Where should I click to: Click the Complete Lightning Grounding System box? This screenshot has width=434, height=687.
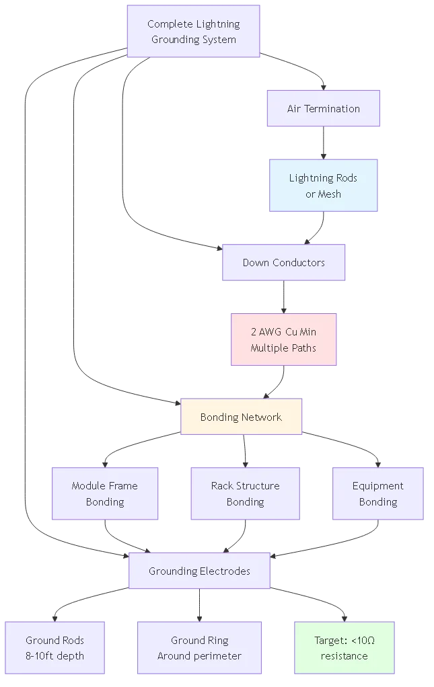(193, 32)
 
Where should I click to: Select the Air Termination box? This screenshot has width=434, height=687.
(323, 108)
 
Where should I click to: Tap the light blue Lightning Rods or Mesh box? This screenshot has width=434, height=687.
(324, 186)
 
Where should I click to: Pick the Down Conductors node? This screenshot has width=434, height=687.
(283, 262)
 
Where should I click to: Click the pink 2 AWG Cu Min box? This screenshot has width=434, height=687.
(283, 339)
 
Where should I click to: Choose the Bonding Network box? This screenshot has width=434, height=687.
(241, 417)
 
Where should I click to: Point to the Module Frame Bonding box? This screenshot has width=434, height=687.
(105, 493)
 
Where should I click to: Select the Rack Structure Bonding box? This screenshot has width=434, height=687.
(245, 493)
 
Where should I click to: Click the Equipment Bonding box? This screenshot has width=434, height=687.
(377, 493)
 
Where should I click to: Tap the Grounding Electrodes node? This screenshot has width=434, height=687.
(199, 571)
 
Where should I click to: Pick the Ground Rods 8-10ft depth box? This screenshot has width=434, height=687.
(55, 648)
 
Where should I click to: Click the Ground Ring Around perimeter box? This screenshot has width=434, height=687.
(199, 648)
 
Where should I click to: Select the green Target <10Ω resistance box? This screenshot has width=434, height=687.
(344, 648)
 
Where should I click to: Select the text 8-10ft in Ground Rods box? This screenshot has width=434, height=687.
(38, 656)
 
